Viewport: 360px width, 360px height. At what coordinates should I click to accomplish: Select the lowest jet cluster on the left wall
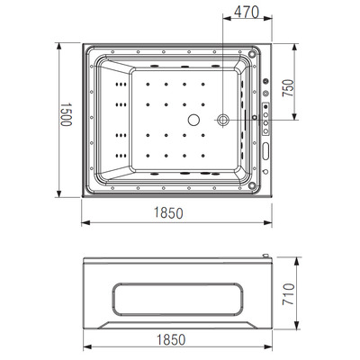(117, 152)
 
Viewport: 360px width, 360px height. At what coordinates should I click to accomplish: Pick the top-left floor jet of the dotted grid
(148, 87)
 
